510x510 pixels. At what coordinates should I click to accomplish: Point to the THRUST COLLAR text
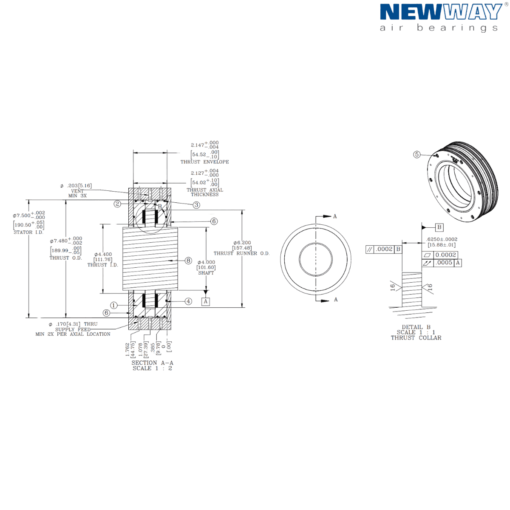point(416,338)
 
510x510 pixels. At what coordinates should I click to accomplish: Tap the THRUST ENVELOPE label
point(204,162)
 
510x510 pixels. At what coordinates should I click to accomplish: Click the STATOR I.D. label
point(28,232)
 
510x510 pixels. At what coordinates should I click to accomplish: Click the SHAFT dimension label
point(206,273)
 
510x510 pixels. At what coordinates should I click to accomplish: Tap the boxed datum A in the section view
point(206,301)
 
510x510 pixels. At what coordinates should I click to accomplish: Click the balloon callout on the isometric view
point(417,154)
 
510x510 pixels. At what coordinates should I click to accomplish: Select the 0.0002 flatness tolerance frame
point(384,249)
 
